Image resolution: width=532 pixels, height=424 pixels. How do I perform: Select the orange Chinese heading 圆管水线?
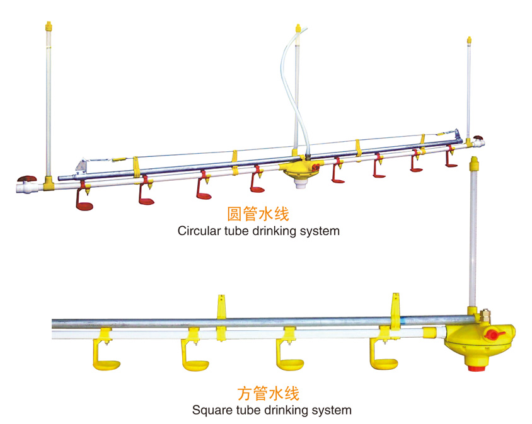[x=258, y=214]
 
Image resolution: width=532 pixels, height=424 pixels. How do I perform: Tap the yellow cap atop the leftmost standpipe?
[x=48, y=27]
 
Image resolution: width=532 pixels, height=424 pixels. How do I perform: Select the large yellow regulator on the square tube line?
[x=479, y=340]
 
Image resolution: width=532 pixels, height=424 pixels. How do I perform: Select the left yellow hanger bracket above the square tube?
[x=221, y=306]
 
